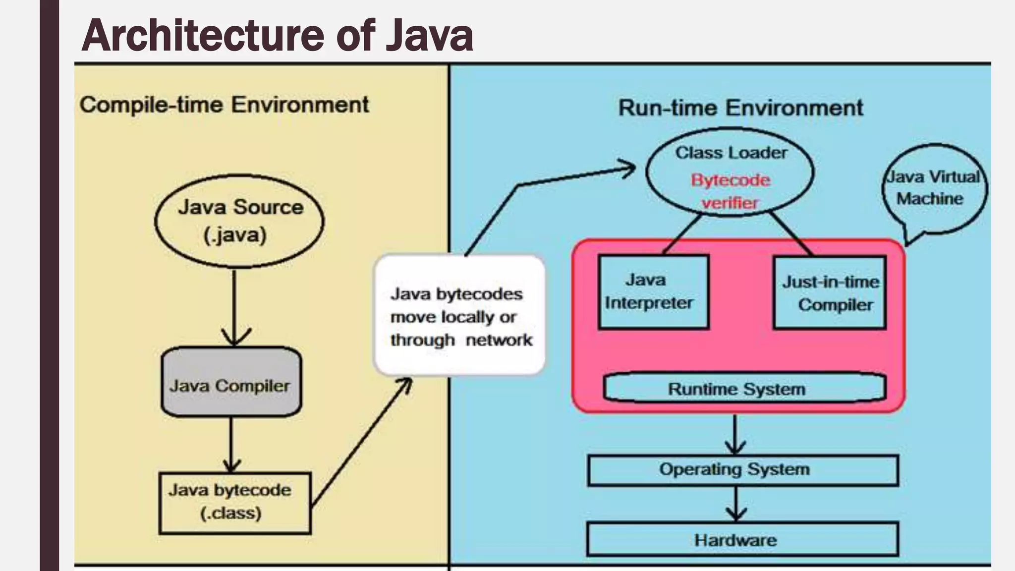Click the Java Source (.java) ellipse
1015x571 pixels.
(239, 221)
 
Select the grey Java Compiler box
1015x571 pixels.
(231, 382)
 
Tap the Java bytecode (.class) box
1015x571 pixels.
(235, 503)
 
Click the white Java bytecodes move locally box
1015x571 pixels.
(459, 316)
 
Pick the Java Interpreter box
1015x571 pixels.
(653, 292)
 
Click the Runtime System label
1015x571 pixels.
(737, 389)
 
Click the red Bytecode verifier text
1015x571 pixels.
(731, 191)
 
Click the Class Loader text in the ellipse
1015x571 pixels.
(731, 153)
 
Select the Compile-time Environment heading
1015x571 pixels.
(225, 105)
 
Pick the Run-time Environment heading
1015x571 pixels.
(740, 108)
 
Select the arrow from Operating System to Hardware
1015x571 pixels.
(736, 504)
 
